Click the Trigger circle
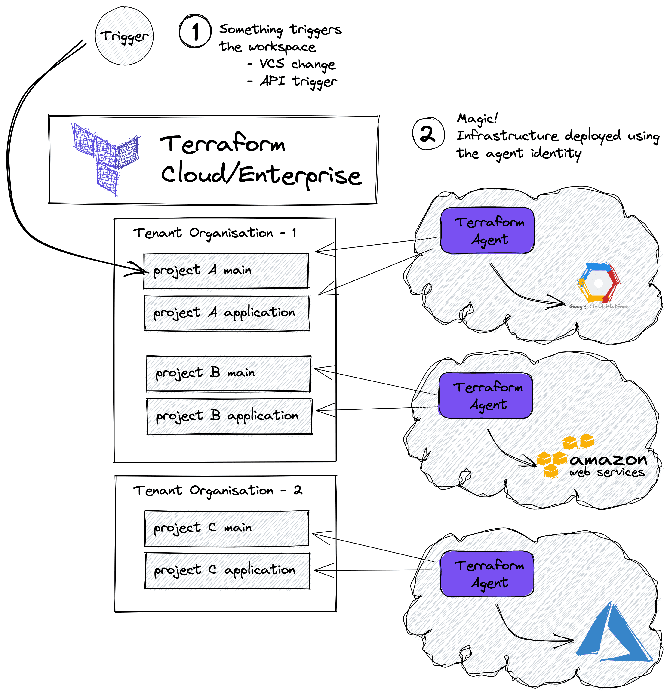point(124,36)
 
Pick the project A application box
point(227,313)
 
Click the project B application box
point(229,416)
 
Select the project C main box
point(226,528)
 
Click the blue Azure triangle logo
point(613,634)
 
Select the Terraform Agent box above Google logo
point(487,231)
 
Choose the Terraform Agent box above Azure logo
point(487,573)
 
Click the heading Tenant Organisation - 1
point(215,233)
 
